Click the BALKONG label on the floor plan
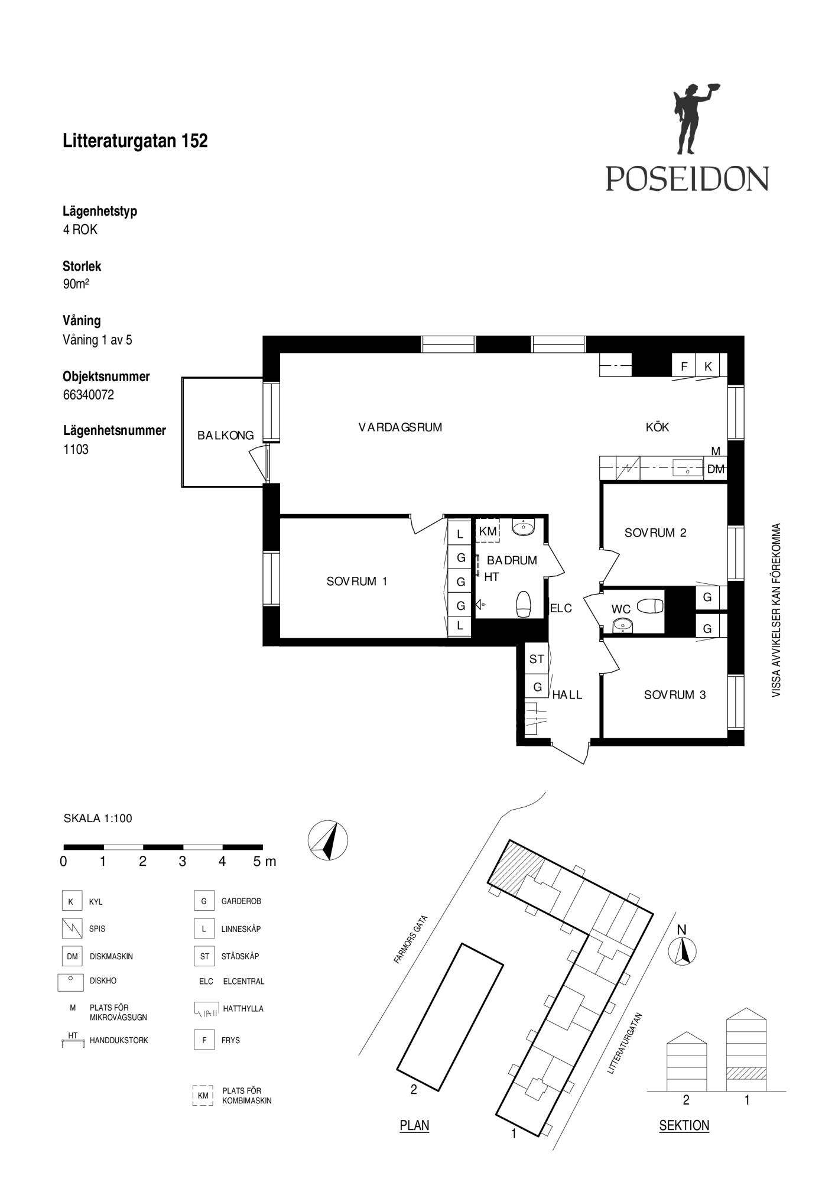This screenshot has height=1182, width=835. pos(226,436)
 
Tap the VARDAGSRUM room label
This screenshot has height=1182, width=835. pos(400,427)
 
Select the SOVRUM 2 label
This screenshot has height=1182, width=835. pos(655,532)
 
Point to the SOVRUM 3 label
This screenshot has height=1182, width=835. pos(675,695)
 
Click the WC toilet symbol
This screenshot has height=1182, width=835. pos(650,606)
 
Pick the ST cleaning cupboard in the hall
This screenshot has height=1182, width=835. pos(537,659)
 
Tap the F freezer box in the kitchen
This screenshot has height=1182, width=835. pos(684,366)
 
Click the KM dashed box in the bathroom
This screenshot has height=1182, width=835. pos(488,531)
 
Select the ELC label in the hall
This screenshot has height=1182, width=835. pos(561,608)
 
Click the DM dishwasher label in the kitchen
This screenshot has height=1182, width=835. pos(716,470)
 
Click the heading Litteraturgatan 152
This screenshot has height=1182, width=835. pos(135,141)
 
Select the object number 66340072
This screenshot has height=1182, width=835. pos(89,395)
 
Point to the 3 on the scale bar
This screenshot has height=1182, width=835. pos(183,861)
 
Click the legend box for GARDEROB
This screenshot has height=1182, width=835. pos(204,901)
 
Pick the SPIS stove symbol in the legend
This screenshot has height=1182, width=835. pos(72,928)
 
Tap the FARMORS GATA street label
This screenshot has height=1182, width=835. pos(411,940)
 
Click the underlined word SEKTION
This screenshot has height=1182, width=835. pos(684,1125)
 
